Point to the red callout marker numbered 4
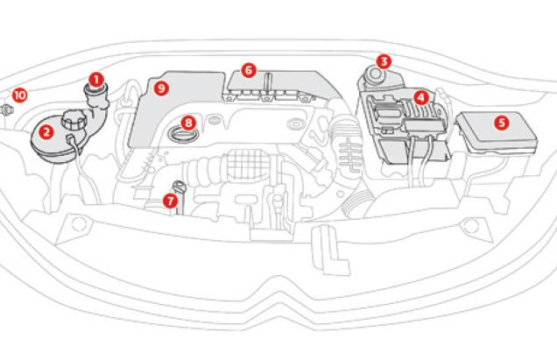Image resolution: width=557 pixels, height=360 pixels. coord(421,97)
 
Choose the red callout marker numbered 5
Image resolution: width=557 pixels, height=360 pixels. coord(501,123)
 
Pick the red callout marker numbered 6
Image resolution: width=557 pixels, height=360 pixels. coord(249,68)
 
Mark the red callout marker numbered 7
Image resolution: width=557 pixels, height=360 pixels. coord(171,201)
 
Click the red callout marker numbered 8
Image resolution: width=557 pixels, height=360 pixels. coord(188,123)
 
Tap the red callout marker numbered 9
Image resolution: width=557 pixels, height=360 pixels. coord(160,87)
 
